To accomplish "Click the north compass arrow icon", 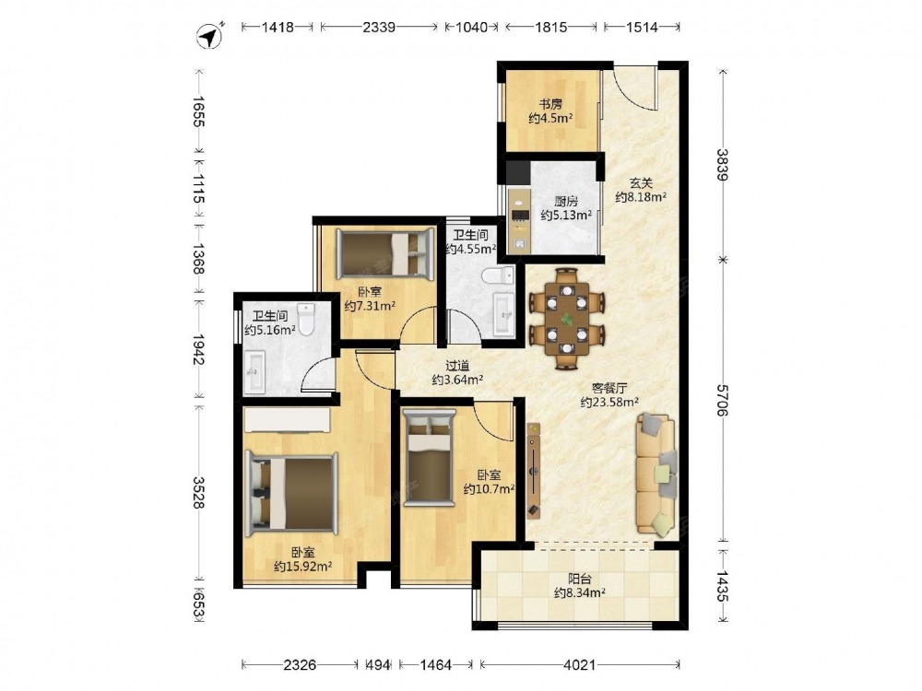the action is (x=210, y=37).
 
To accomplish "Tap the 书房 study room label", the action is (x=550, y=105).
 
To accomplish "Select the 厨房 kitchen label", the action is (x=566, y=202).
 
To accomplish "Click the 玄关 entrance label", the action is (x=641, y=183).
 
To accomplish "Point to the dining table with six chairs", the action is (x=566, y=318).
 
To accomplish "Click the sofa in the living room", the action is (x=656, y=474).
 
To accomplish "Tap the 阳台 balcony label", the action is (x=580, y=580).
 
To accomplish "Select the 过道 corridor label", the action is (x=457, y=366).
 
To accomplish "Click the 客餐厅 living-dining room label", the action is (x=609, y=389).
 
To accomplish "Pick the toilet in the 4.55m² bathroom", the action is (x=498, y=275).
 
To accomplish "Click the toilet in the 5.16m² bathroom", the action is (x=306, y=319).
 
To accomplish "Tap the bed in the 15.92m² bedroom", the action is (x=291, y=494).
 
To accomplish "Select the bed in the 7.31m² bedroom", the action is (x=385, y=253).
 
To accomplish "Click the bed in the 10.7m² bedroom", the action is (x=430, y=457).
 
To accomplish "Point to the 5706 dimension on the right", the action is (x=723, y=400).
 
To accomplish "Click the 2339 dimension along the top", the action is (x=379, y=27).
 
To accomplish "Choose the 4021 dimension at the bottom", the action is (x=580, y=664).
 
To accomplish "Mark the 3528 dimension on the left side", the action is (x=199, y=492).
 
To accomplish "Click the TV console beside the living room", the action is (x=533, y=471).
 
